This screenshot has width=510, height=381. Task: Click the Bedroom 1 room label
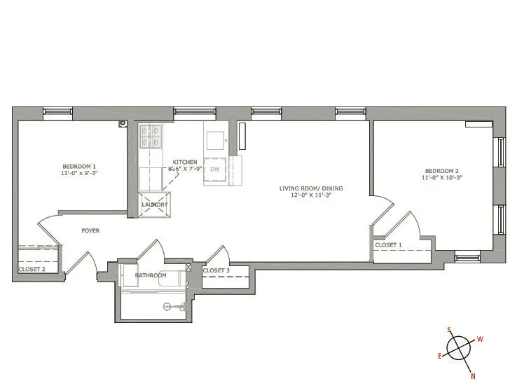[78, 166]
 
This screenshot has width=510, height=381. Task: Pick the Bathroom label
[151, 275]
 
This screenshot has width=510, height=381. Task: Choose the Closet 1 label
[389, 245]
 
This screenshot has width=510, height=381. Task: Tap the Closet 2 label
[32, 268]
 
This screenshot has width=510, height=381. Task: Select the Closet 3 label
[216, 270]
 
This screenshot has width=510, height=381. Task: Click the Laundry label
[155, 205]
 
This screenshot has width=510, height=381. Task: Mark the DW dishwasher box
[215, 169]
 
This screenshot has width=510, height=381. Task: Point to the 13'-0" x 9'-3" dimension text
[78, 173]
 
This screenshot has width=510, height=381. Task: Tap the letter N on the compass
[474, 376]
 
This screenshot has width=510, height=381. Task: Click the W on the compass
[480, 339]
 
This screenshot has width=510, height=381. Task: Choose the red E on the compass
[440, 356]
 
